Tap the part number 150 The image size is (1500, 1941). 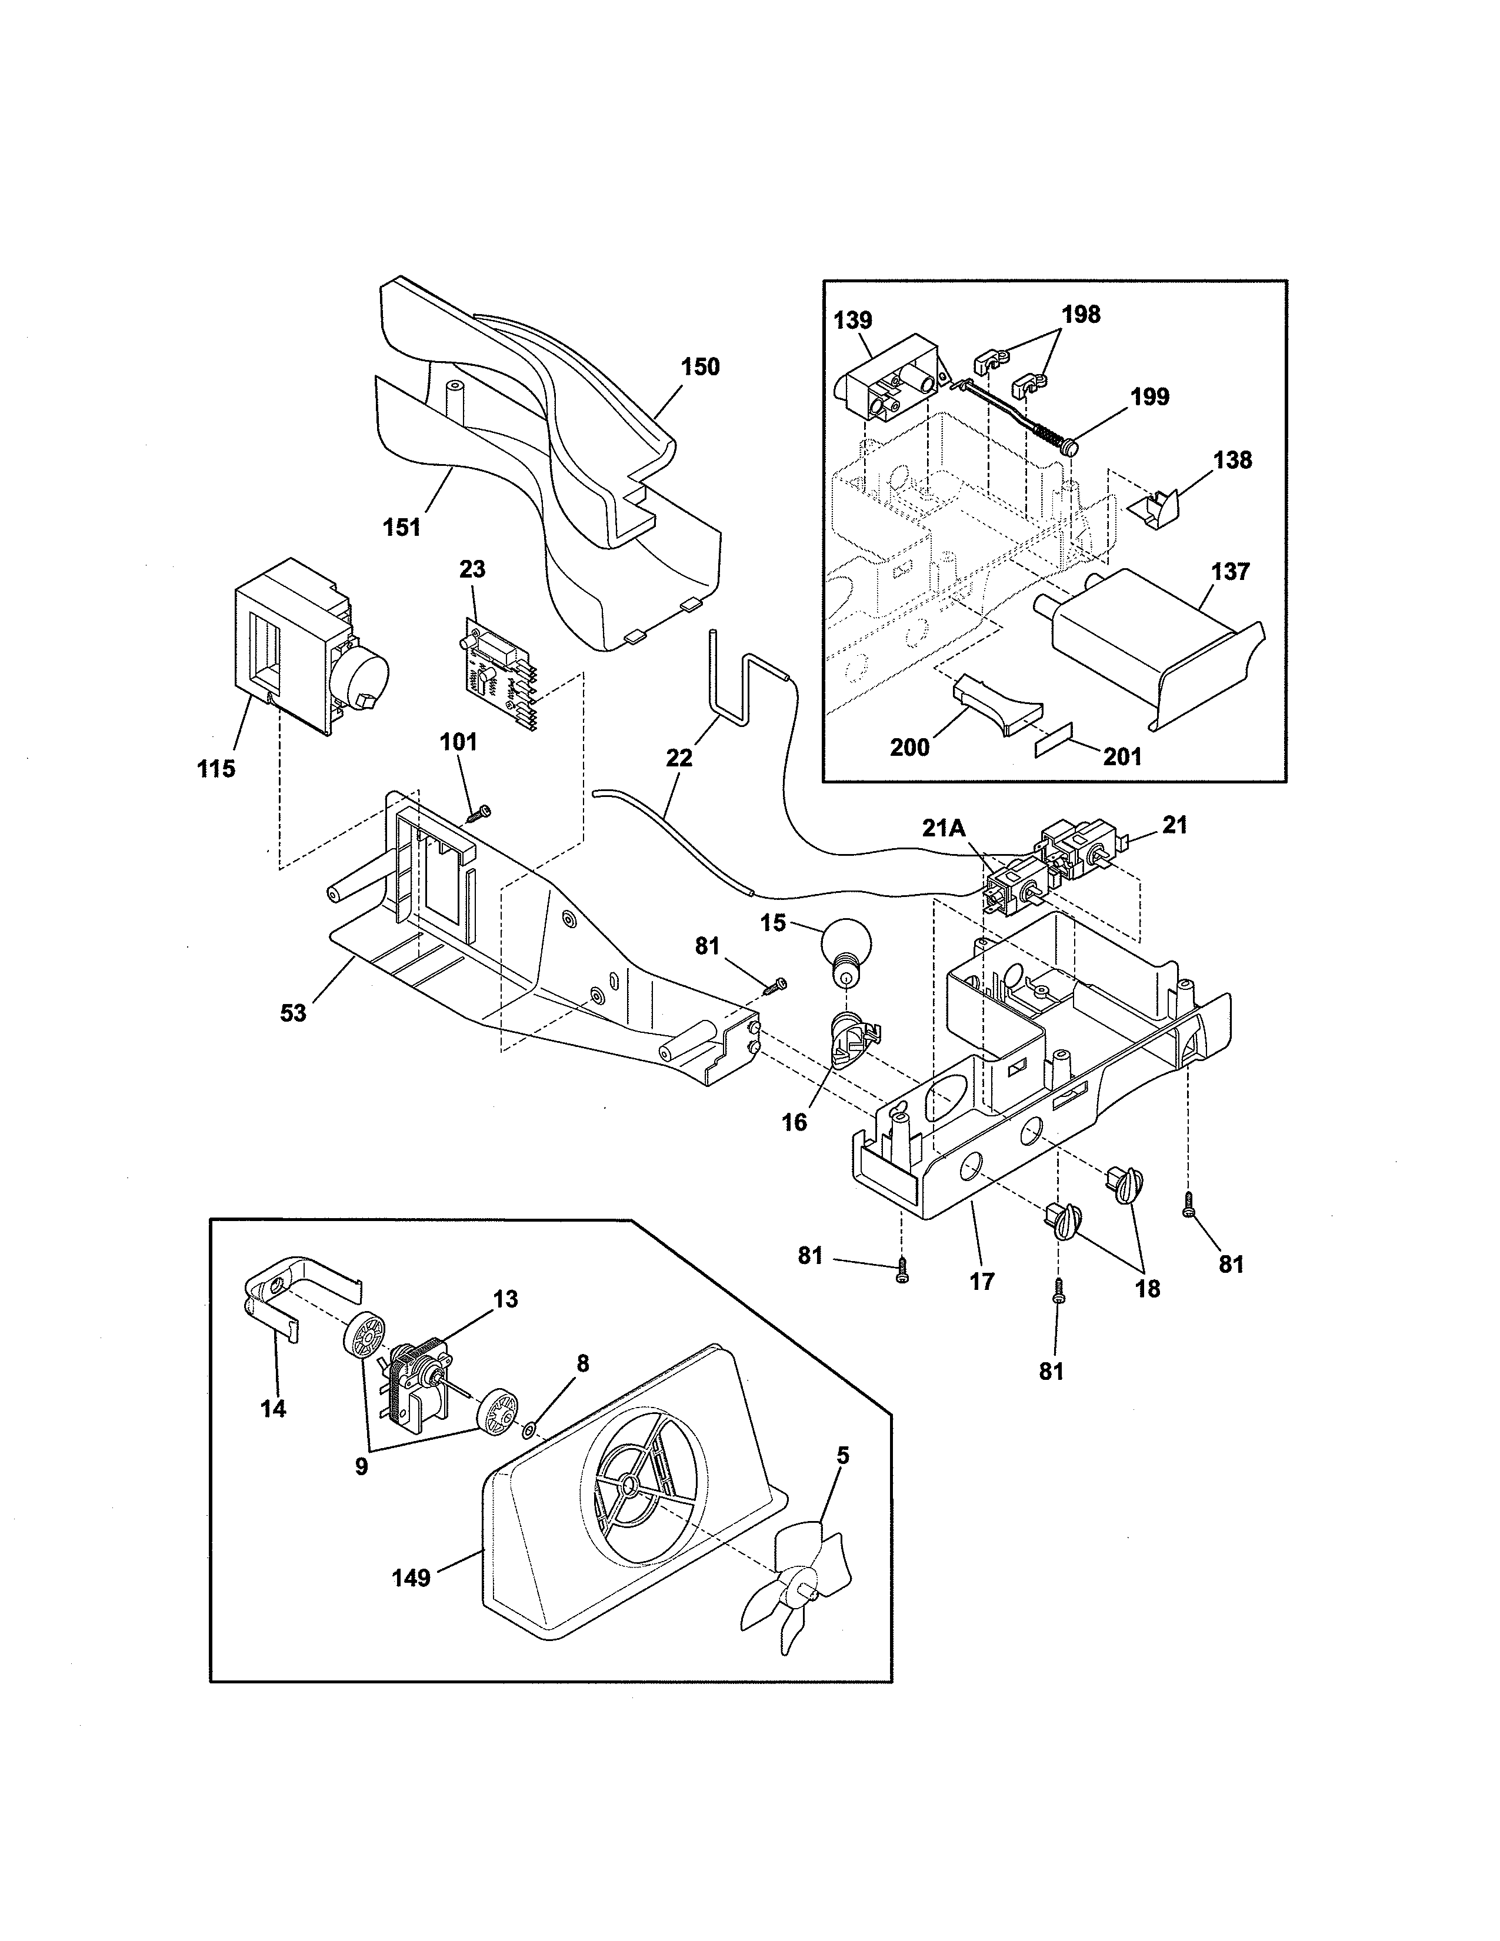click(x=700, y=367)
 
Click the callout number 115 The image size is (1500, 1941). click(x=216, y=769)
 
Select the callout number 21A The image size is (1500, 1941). click(x=943, y=828)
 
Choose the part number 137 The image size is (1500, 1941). click(x=1230, y=572)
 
